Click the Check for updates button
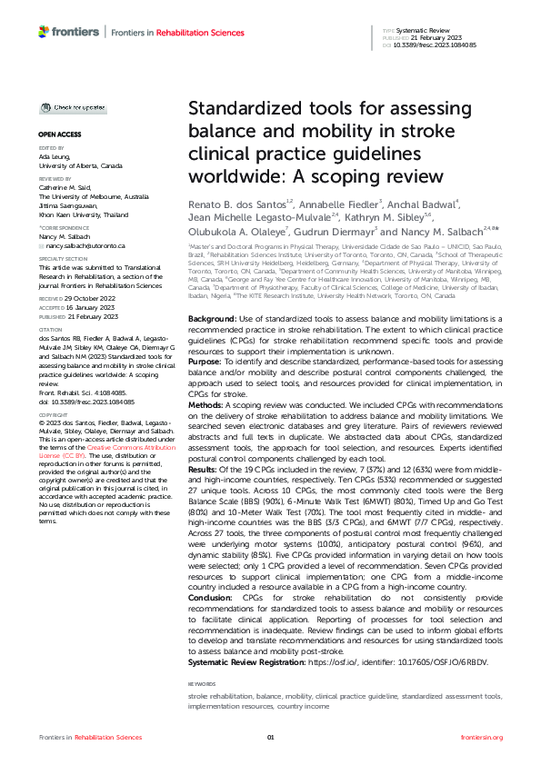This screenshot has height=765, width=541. click(x=73, y=108)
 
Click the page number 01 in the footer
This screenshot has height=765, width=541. click(x=270, y=738)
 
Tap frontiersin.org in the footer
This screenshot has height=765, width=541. click(x=482, y=738)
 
